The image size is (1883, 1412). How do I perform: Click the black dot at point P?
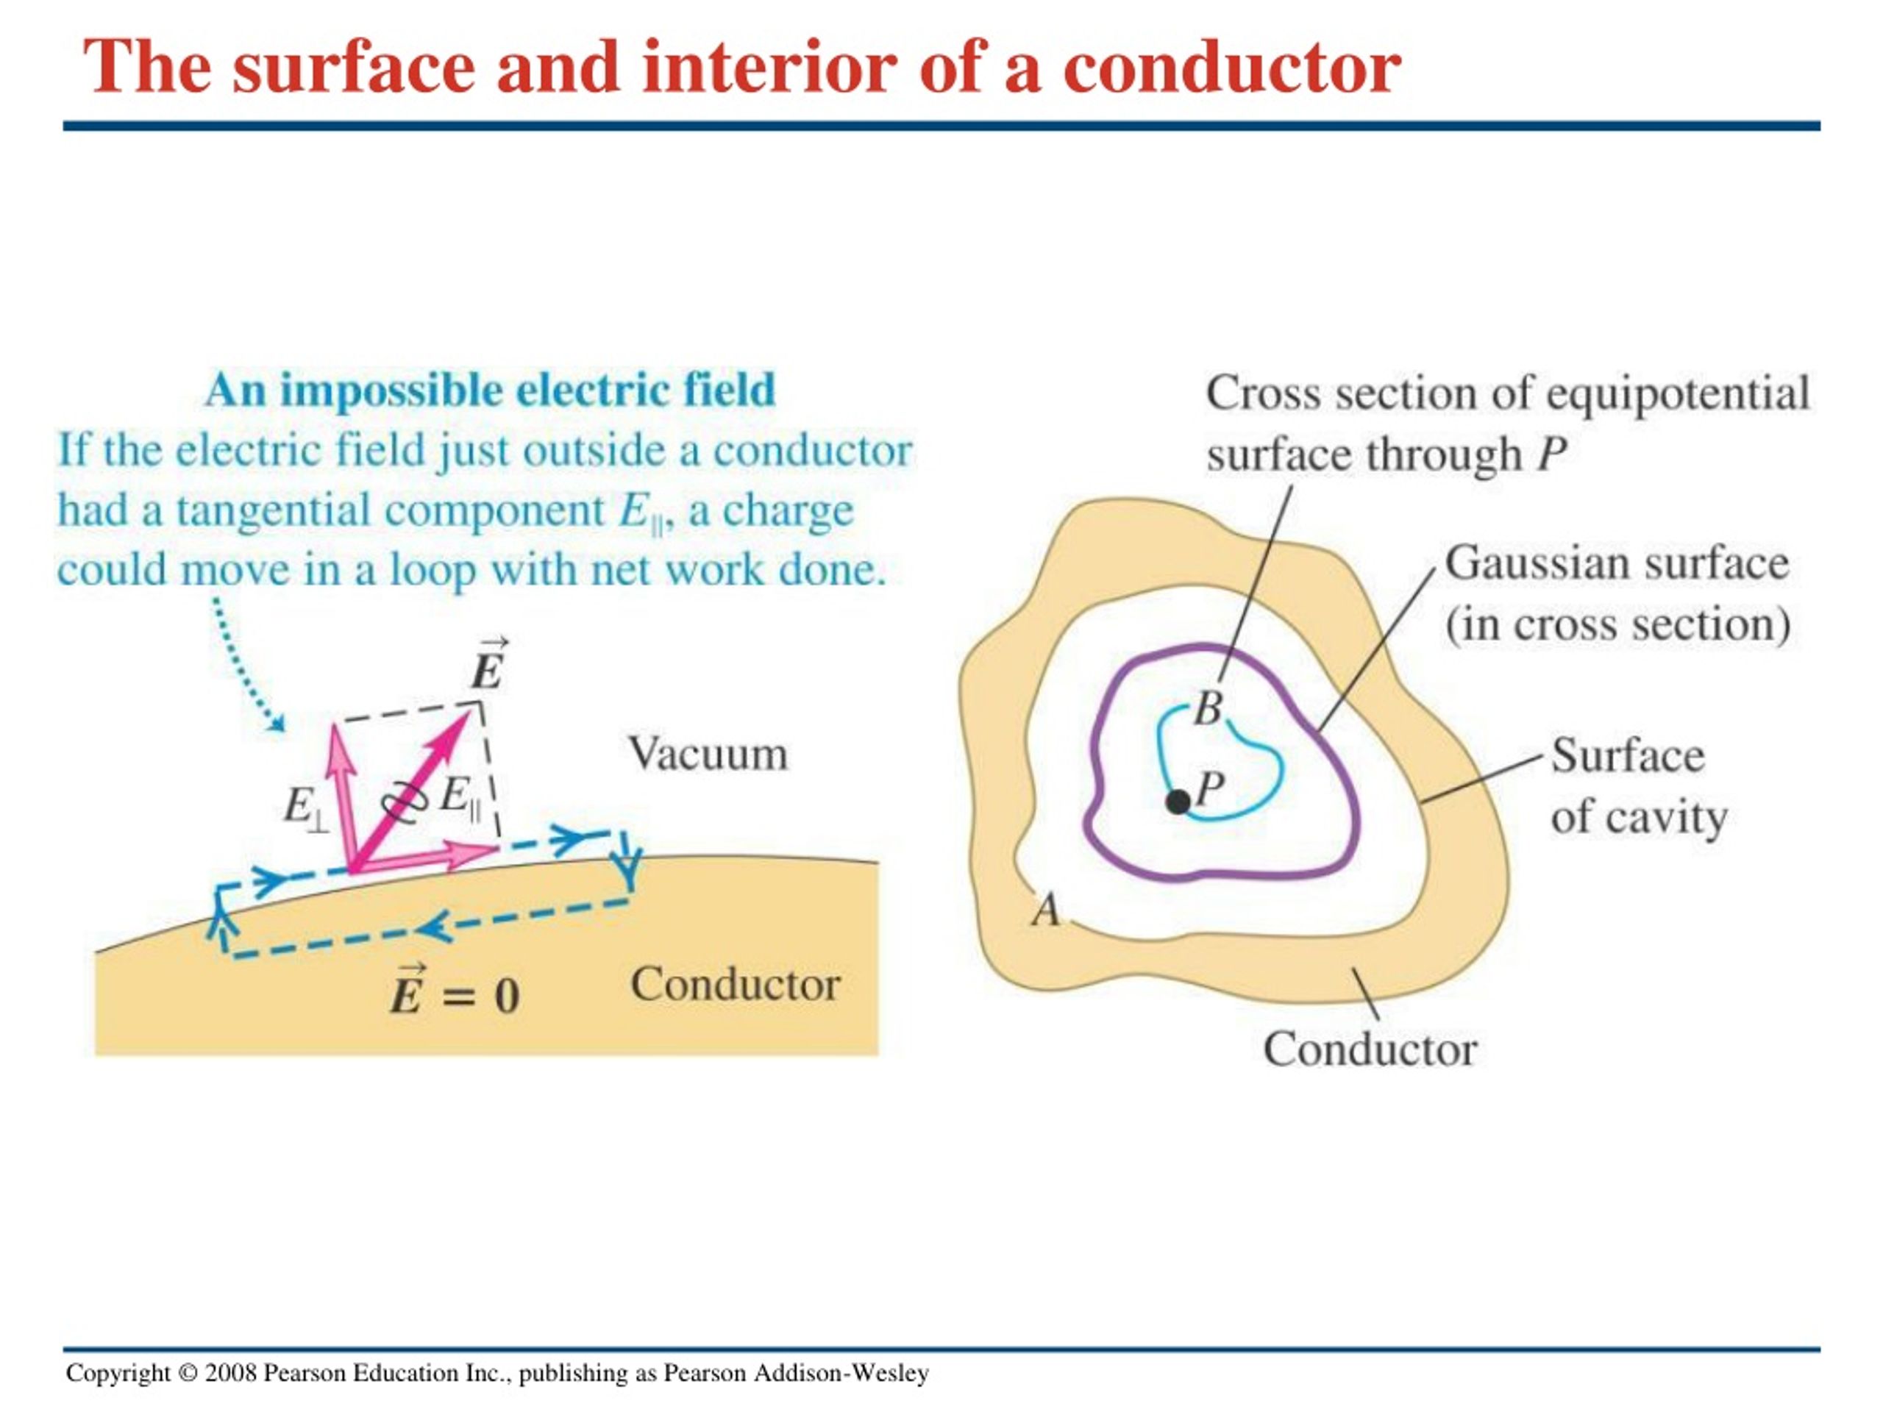pos(1178,801)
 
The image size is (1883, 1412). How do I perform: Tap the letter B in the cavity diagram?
pos(1208,708)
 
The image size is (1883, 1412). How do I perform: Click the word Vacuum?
pos(708,754)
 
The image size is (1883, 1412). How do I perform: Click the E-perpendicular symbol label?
pos(305,807)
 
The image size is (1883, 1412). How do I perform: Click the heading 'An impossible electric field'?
pos(491,391)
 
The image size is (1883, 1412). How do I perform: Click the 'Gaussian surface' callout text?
pos(1617,563)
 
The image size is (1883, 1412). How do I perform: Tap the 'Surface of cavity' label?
pos(1638,785)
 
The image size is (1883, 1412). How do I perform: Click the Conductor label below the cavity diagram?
pos(1370,1049)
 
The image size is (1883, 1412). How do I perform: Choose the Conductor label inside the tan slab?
pos(736,985)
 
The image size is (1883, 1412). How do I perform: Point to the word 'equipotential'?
pos(1677,394)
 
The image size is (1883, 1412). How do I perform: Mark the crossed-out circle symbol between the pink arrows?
pos(404,801)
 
